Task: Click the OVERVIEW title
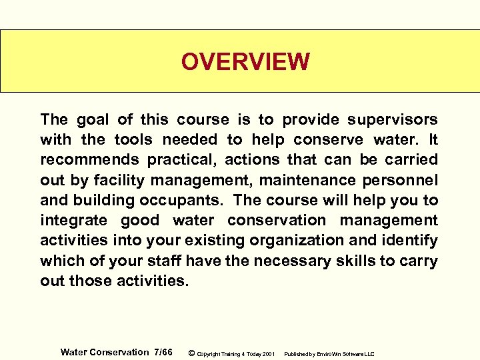click(x=245, y=62)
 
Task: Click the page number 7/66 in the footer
click(x=163, y=352)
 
